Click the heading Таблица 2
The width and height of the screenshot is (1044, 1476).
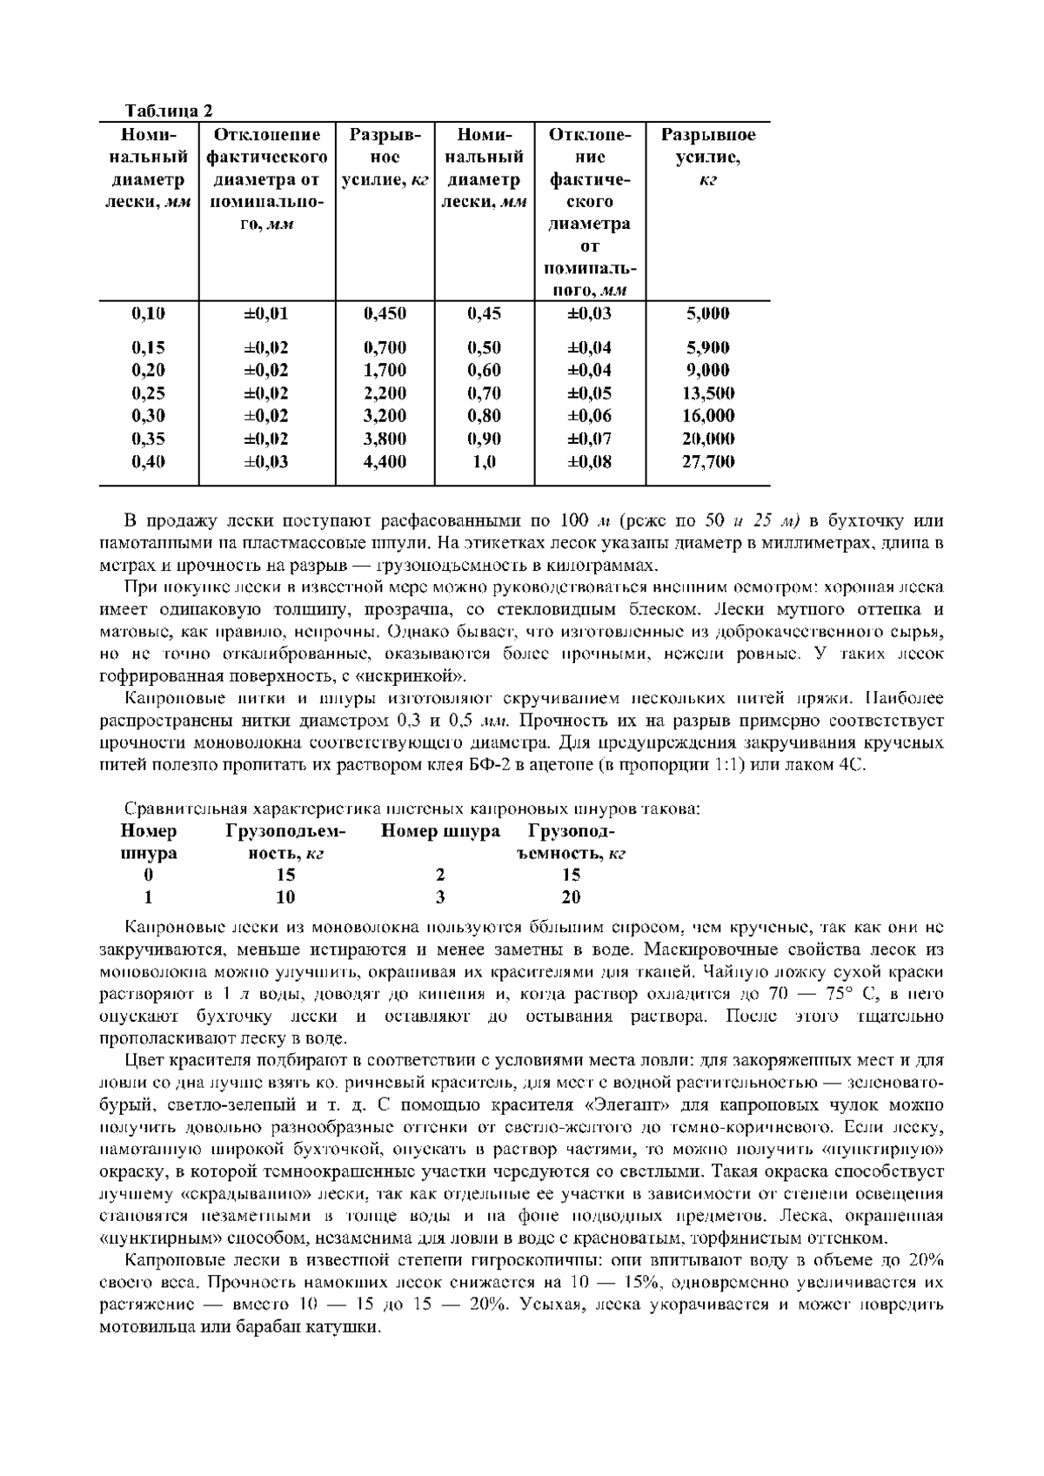[x=169, y=111]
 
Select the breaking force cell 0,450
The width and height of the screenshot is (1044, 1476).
[x=385, y=313]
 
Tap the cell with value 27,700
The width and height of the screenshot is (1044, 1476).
[x=707, y=462]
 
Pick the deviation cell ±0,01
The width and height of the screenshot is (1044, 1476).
[x=265, y=313]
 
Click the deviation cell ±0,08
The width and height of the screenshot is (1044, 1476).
[x=589, y=462]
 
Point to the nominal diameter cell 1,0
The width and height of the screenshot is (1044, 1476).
[x=484, y=462]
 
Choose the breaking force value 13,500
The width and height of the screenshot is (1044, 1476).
[x=707, y=393]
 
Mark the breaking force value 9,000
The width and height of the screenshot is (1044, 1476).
[x=707, y=371]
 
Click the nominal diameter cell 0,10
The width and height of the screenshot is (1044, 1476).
[x=149, y=313]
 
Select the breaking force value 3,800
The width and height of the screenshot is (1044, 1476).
[x=385, y=439]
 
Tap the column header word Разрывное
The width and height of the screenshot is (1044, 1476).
[x=707, y=135]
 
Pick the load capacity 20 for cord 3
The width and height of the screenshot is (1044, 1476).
[x=571, y=897]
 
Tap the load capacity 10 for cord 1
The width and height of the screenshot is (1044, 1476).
[x=285, y=897]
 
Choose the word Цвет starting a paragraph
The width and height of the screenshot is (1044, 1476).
[x=144, y=1061]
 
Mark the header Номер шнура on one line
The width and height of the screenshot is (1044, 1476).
[x=440, y=831]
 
